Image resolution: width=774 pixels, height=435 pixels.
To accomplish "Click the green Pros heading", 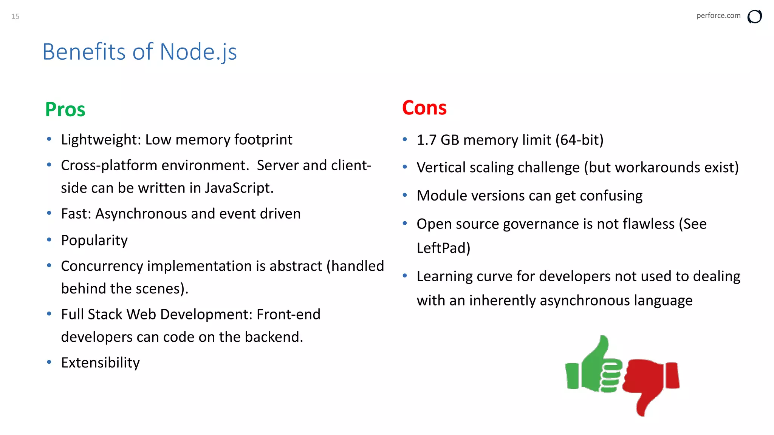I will click(65, 110).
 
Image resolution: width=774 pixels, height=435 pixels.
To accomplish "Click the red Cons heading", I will click(424, 108).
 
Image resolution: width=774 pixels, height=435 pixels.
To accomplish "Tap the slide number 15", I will click(15, 16).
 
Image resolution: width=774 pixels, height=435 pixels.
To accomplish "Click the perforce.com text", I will click(718, 15).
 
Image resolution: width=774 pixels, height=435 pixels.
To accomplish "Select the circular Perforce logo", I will click(754, 17).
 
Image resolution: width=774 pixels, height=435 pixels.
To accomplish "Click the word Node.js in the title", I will click(198, 52).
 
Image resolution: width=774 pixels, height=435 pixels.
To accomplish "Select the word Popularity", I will click(94, 241).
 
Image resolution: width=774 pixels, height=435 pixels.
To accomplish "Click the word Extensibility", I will click(100, 362).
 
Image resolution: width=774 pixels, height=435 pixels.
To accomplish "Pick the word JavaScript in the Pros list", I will click(239, 188).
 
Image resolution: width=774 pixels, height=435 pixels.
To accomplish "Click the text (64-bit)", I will click(579, 140).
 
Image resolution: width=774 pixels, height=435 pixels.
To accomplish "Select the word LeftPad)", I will click(443, 248).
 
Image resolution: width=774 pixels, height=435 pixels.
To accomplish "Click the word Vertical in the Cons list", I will click(441, 167).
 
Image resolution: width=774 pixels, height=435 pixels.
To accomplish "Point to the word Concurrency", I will click(102, 266).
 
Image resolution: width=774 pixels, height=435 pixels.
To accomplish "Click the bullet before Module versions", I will click(405, 195).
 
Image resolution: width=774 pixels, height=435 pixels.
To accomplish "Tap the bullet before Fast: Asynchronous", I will click(49, 213).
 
